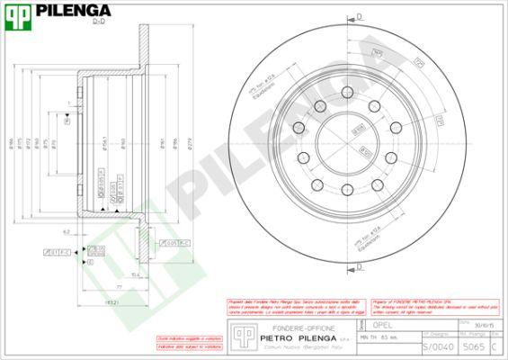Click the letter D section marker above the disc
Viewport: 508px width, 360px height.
point(358,17)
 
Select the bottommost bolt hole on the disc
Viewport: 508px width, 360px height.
point(347,189)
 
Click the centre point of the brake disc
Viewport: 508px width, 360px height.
point(347,140)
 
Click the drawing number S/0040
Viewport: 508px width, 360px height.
point(432,346)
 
